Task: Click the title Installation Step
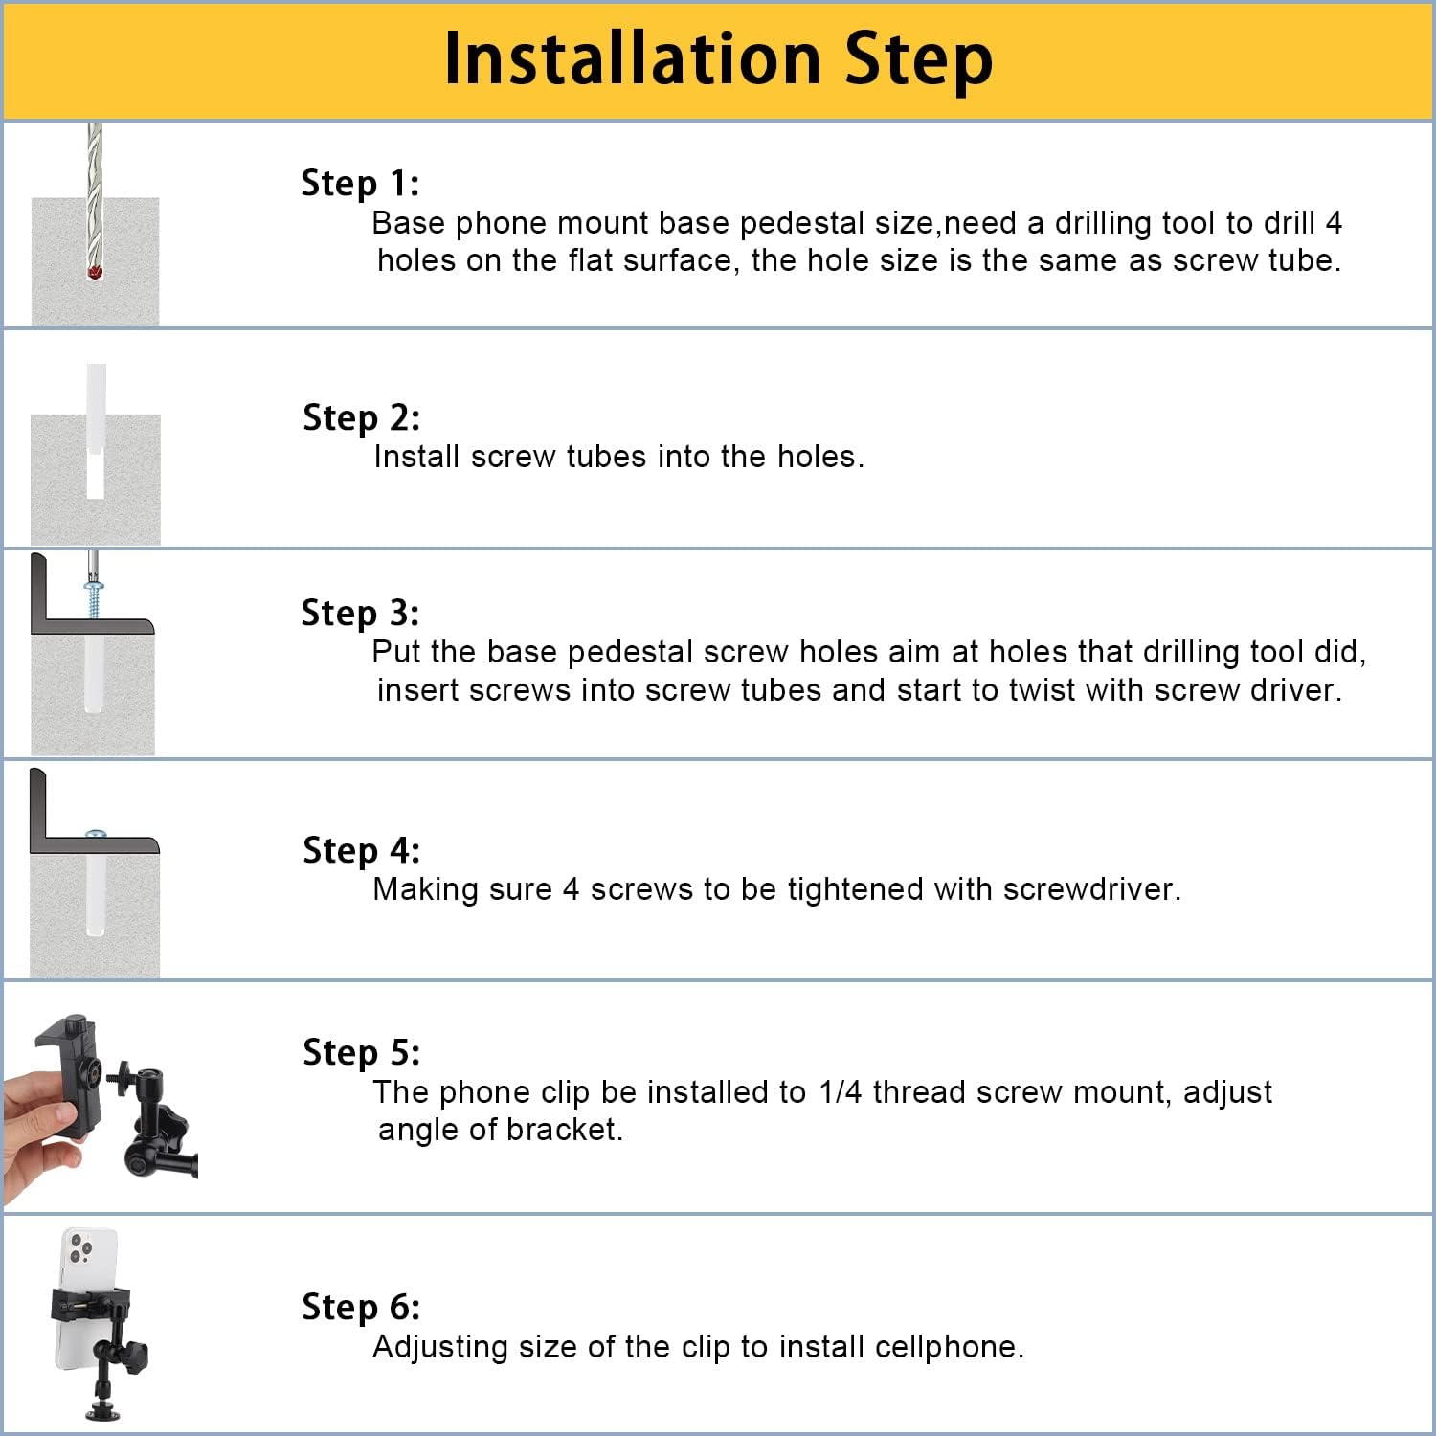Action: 718,60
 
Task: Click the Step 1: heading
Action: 360,183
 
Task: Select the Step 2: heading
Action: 361,417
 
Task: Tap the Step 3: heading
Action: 360,613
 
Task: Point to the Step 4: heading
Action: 361,850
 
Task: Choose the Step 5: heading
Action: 361,1052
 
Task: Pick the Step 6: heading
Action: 361,1307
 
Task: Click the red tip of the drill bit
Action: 94,272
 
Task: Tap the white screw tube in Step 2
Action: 95,431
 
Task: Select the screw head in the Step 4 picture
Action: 94,834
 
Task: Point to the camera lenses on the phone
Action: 80,1247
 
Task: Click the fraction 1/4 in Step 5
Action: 841,1091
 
